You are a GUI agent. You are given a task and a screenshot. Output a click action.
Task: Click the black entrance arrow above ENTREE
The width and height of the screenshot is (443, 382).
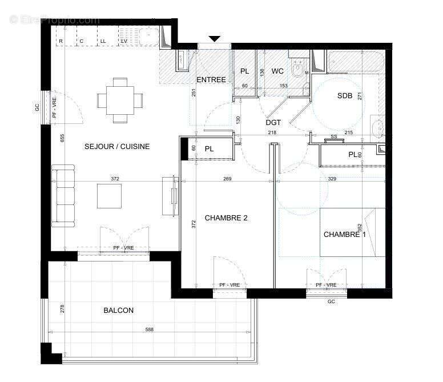[215, 39]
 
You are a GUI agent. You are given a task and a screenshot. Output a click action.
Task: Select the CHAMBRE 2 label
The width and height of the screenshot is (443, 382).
[226, 218]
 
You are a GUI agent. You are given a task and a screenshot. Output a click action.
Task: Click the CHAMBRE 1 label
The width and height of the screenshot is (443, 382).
[344, 234]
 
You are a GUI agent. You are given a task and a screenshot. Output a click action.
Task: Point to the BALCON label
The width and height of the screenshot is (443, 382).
[119, 311]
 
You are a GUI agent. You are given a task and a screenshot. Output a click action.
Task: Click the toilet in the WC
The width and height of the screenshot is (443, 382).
[297, 69]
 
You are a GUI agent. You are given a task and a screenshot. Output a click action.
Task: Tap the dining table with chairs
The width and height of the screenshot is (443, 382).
[120, 100]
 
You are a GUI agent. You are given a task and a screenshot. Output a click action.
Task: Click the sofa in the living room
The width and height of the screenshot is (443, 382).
[63, 195]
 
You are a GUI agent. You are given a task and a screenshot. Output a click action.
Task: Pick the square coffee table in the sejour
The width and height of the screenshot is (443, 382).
[109, 196]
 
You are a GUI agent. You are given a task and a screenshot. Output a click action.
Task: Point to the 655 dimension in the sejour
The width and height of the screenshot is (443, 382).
[62, 138]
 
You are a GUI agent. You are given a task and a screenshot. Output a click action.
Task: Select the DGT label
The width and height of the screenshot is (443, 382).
[273, 123]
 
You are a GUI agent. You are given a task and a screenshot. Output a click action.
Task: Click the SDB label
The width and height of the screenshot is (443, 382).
[345, 96]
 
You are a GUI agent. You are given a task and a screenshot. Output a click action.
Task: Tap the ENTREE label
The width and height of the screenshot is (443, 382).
[211, 79]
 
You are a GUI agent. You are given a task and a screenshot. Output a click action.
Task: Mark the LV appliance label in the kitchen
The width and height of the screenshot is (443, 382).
[124, 42]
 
